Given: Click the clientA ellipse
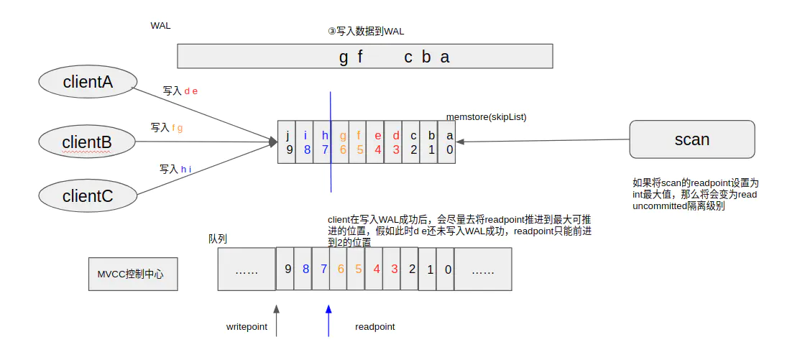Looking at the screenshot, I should click(x=88, y=82).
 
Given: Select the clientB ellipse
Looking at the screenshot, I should click(x=87, y=142).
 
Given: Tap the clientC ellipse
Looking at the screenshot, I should click(x=87, y=195).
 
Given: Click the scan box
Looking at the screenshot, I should click(x=691, y=139).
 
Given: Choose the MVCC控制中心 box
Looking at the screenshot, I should click(x=132, y=274).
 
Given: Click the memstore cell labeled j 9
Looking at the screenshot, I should click(x=287, y=142).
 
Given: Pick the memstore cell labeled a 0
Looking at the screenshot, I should click(x=448, y=142).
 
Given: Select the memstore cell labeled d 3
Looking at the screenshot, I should click(x=395, y=142).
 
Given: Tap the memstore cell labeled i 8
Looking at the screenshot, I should click(x=305, y=142).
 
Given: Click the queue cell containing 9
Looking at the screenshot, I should click(x=286, y=269).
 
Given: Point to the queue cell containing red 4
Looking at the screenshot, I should click(x=375, y=269).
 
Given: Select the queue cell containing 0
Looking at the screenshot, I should click(x=447, y=269).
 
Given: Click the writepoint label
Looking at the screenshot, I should click(x=247, y=327).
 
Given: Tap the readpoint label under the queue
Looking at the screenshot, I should click(x=374, y=327).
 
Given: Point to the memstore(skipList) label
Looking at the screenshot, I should click(x=486, y=116).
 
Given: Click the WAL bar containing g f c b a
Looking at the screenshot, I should click(x=364, y=56).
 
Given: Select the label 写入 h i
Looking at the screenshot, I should click(x=175, y=170).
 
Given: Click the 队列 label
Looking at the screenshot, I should click(x=218, y=239).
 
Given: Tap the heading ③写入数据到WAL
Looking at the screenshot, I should click(x=366, y=32).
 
